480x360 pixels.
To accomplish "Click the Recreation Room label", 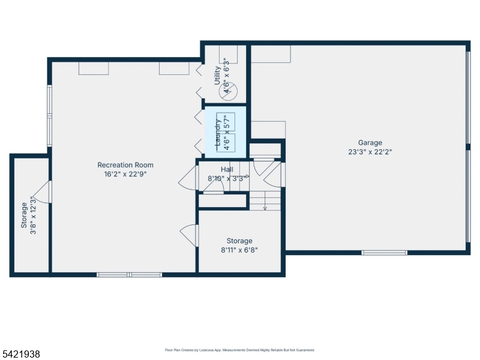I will tap(125, 165).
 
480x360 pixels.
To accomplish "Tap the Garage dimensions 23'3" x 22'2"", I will tap(370, 152).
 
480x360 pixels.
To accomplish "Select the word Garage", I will tap(370, 143).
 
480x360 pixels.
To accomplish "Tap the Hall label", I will tap(226, 170).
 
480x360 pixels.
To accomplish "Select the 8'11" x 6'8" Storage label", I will tap(239, 245).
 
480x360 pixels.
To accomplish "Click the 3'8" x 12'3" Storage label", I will tap(28, 215).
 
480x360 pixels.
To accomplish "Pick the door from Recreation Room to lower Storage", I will tap(189, 235).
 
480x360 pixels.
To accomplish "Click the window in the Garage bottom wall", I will tap(384, 253).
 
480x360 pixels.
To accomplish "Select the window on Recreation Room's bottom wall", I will tap(129, 275).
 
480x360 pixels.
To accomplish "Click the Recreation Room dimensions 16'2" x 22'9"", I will tap(125, 175).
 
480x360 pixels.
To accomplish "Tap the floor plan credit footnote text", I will tap(239, 350).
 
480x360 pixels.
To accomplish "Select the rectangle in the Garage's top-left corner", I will tap(271, 54).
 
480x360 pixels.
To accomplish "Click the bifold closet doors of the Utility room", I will tap(199, 82).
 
